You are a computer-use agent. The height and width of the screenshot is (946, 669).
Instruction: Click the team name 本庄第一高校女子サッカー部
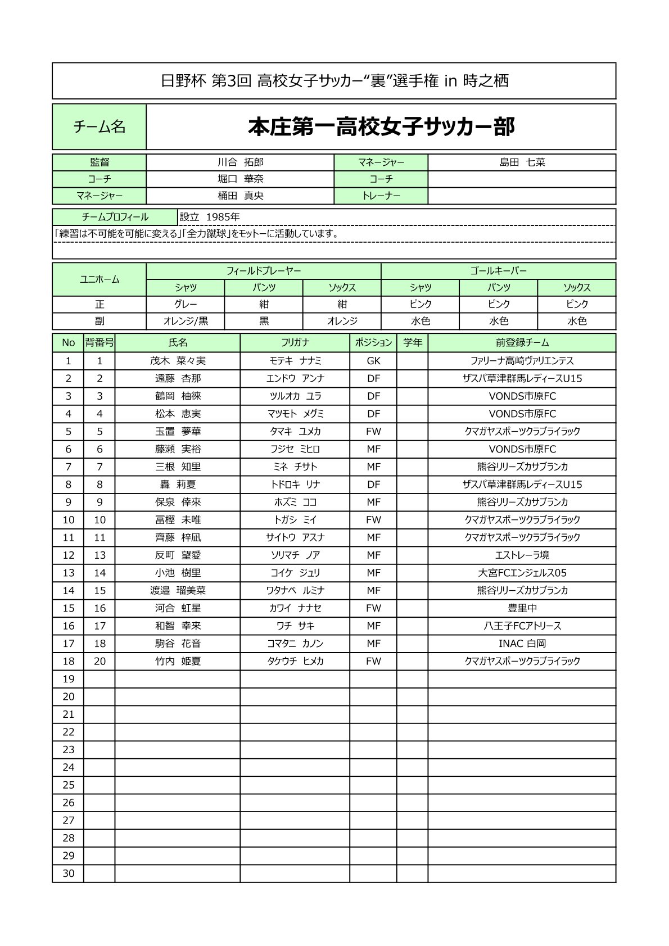381,127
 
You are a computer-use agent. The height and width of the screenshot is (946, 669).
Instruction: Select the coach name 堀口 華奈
240,179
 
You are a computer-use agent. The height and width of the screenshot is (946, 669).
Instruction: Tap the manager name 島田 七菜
522,162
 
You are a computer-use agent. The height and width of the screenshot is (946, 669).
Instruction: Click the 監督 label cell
100,162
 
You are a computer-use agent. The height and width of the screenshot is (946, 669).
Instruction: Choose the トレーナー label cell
381,196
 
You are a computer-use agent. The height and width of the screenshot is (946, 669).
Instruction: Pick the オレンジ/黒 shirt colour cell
186,321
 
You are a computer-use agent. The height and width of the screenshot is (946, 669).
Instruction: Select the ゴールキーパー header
498,271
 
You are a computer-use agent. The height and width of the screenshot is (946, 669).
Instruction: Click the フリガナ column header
295,342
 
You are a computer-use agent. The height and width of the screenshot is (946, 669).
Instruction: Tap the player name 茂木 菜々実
178,361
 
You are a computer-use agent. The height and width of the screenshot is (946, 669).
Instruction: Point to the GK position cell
373,361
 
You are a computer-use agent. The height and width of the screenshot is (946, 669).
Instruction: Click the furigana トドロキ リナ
295,485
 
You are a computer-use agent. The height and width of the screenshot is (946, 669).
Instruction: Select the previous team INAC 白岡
522,644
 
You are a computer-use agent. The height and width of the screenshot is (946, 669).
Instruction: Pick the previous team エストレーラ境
522,555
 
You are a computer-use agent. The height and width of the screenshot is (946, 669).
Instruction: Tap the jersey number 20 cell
100,662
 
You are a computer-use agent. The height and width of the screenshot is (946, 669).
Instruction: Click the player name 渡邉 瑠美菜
178,591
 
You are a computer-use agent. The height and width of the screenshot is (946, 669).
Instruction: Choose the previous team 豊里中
522,608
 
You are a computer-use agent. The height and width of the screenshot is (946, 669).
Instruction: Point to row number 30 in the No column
68,873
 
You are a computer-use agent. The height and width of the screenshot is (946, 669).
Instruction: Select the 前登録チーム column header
522,342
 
